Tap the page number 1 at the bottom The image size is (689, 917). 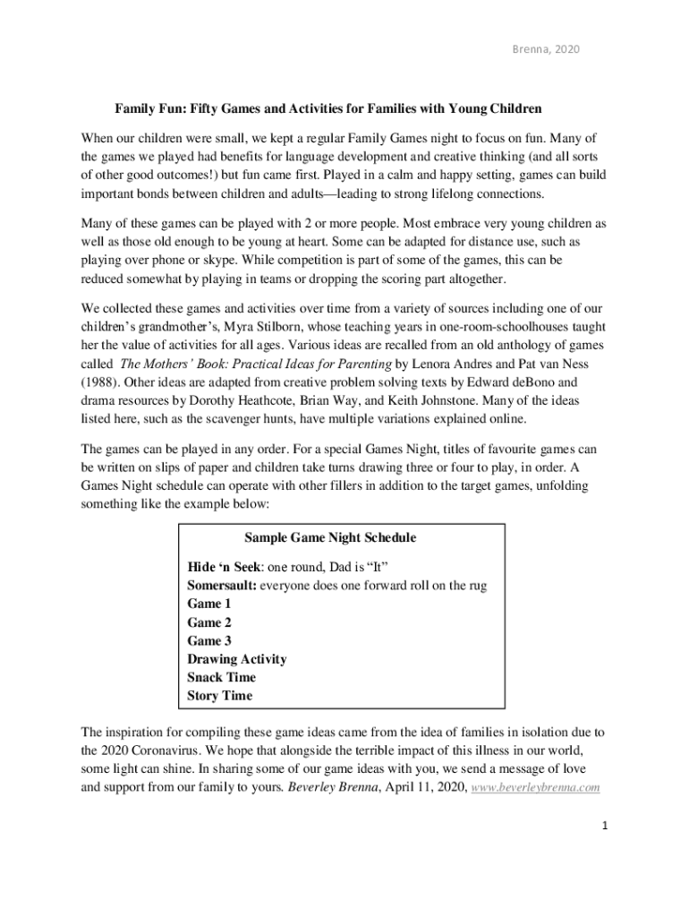605,827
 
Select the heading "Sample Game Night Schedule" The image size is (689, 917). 329,538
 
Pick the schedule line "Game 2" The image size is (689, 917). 209,622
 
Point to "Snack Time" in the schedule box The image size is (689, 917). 221,677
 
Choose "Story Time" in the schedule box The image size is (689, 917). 220,696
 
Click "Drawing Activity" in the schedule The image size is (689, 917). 237,659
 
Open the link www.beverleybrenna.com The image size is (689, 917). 535,789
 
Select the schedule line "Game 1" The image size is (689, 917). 209,604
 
